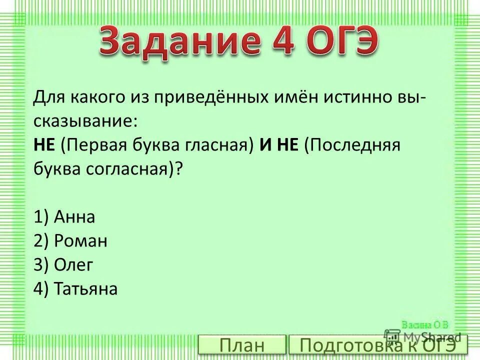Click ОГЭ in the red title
tap(342, 42)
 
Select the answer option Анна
tap(75, 217)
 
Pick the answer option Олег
tap(73, 265)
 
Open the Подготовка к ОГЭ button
tap(378, 345)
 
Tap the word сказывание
tap(85, 120)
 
